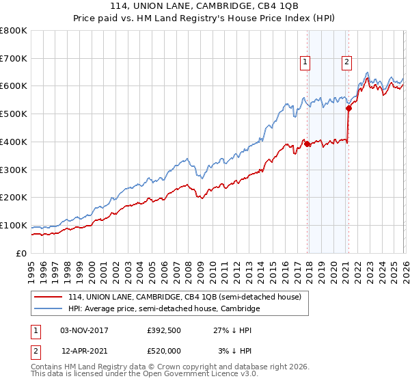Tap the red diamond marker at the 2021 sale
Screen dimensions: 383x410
pyautogui.click(x=348, y=108)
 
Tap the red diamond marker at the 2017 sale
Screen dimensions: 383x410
pyautogui.click(x=307, y=144)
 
